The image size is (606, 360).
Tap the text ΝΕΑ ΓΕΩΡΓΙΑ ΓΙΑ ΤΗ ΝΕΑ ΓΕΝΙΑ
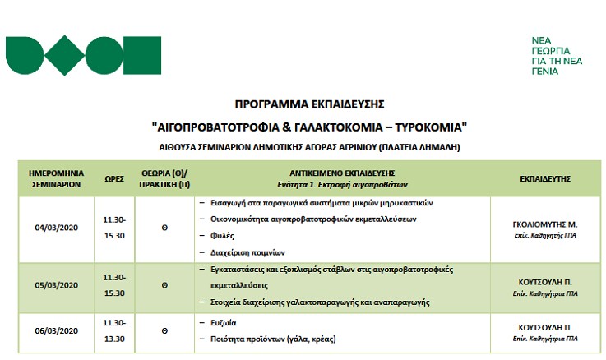(x=556, y=56)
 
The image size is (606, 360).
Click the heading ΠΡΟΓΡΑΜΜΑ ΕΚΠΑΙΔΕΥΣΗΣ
(x=309, y=105)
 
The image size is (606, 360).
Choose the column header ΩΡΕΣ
(x=113, y=179)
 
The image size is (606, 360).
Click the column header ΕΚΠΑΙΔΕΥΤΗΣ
(x=545, y=178)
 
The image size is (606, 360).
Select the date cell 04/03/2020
(x=58, y=227)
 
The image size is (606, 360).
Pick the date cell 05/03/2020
(x=58, y=287)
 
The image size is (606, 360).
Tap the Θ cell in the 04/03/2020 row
(x=164, y=227)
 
